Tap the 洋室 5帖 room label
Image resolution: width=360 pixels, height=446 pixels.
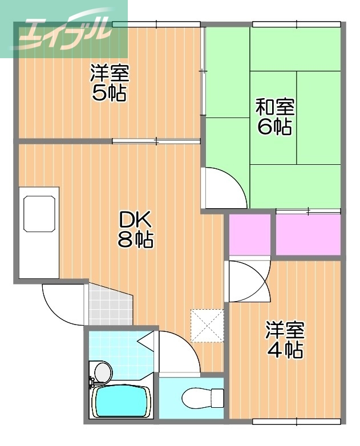tap(110, 83)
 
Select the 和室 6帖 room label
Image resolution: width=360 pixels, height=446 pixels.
tap(274, 116)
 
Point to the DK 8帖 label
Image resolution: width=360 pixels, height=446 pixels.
tap(135, 229)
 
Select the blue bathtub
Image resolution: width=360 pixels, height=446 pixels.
tap(121, 402)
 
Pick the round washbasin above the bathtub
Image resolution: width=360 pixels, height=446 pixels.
tap(102, 372)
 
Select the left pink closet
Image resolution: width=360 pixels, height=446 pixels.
tap(250, 234)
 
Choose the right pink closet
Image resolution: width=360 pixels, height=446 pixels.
tap(308, 234)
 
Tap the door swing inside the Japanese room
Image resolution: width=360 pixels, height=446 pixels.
tap(225, 188)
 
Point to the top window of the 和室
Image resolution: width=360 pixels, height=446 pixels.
tap(297, 24)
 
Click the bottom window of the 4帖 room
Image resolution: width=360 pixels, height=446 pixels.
tap(297, 422)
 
